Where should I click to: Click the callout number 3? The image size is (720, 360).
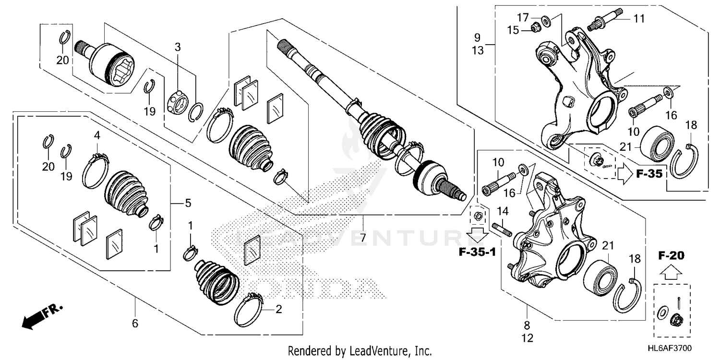(x=178, y=47)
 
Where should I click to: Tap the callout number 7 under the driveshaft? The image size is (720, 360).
(x=363, y=237)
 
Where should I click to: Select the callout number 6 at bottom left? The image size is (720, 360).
(x=135, y=324)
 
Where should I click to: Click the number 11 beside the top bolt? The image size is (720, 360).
(x=638, y=19)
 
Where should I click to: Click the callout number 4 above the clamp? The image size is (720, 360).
(x=97, y=136)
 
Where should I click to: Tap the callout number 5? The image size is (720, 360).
(x=188, y=204)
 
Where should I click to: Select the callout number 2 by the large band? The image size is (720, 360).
(x=278, y=310)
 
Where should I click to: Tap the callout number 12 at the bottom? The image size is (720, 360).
(x=527, y=338)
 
